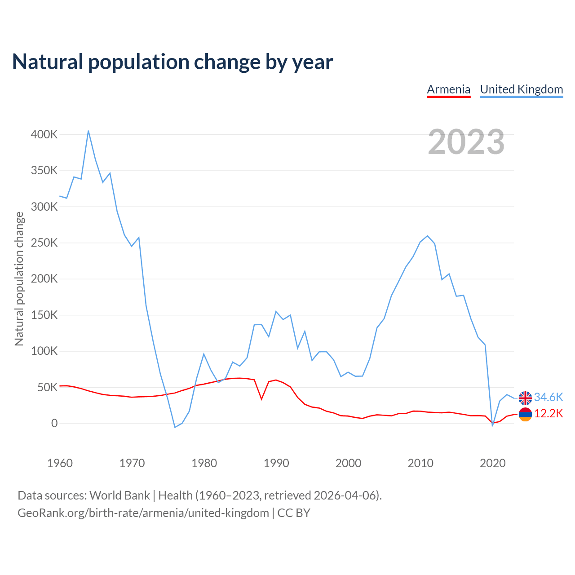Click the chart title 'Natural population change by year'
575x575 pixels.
(172, 62)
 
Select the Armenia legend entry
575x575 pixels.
(448, 89)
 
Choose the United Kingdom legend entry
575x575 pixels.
(521, 89)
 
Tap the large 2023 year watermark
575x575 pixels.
(466, 142)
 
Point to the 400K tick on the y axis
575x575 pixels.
(44, 134)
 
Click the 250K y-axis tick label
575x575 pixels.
(44, 243)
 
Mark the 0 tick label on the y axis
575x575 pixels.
(54, 423)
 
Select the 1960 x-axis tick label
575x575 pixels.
(60, 463)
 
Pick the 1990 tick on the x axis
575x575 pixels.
(276, 463)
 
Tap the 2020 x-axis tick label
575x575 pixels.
(492, 463)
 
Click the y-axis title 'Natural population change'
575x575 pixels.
(19, 279)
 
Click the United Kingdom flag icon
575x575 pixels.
(525, 398)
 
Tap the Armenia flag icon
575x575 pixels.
(525, 414)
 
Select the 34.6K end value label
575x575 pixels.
(548, 397)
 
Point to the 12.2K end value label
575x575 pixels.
(548, 414)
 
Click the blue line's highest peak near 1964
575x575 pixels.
(88, 131)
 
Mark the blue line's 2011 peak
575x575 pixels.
(427, 236)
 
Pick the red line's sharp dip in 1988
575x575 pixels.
(261, 399)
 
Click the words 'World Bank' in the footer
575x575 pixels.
(119, 495)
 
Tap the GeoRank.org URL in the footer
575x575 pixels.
(143, 513)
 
